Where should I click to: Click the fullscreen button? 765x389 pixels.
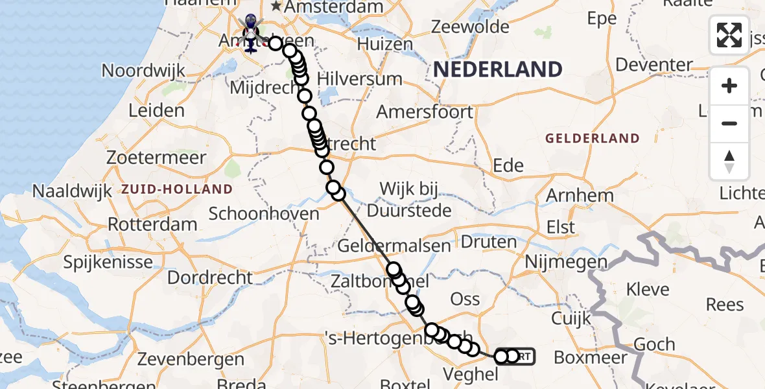(729, 35)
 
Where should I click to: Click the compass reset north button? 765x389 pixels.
(729, 161)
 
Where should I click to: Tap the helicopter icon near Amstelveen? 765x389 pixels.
(250, 32)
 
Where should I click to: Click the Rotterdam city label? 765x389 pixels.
(152, 224)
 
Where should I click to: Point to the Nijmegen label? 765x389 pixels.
(566, 263)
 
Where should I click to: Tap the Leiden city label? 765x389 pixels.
(156, 110)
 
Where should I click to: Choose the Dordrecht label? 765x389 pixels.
(210, 277)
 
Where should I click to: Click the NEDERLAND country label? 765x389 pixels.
(497, 69)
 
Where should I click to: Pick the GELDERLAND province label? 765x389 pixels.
(592, 138)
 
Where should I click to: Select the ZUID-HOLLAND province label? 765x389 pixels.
(176, 189)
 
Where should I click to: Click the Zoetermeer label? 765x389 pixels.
(157, 157)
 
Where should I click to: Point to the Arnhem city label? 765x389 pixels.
(580, 195)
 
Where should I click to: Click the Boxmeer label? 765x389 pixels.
(591, 357)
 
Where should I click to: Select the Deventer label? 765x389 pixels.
(653, 65)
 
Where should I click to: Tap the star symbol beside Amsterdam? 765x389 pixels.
(277, 6)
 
